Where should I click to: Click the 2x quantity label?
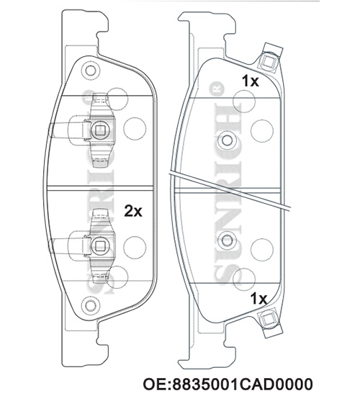pyautogui.click(x=133, y=211)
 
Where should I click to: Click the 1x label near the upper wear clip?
pyautogui.click(x=251, y=81)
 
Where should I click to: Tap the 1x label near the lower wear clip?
pyautogui.click(x=258, y=299)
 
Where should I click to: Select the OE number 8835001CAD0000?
pyautogui.click(x=228, y=384)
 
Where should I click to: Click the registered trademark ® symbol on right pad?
pyautogui.click(x=219, y=89)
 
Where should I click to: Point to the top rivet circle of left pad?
pyautogui.click(x=90, y=71)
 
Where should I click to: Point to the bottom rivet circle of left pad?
pyautogui.click(x=90, y=306)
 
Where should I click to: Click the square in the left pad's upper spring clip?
pyautogui.click(x=100, y=130)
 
